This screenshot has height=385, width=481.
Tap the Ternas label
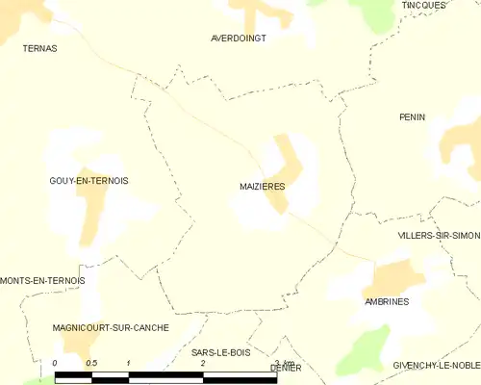click(x=39, y=47)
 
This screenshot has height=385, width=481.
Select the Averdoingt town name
click(x=238, y=38)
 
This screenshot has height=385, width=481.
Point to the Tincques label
click(x=423, y=5)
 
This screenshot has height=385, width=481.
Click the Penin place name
click(x=412, y=116)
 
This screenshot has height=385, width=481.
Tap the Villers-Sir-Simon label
click(x=438, y=235)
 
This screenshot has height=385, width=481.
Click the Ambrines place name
click(x=387, y=301)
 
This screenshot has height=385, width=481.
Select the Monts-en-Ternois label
click(x=43, y=280)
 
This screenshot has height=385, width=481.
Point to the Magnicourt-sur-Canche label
click(x=112, y=327)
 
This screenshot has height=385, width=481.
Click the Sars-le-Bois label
click(x=220, y=352)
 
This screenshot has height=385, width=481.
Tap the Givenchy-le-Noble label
click(x=436, y=366)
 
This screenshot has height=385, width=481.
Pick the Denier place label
click(x=286, y=368)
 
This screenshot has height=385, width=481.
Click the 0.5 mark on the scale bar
click(x=91, y=363)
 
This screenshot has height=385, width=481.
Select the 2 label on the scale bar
click(x=202, y=363)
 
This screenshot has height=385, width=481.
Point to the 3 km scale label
click(x=282, y=363)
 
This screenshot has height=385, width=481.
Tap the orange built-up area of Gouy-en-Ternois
click(x=92, y=207)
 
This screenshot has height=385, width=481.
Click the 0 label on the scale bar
click(x=56, y=363)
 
